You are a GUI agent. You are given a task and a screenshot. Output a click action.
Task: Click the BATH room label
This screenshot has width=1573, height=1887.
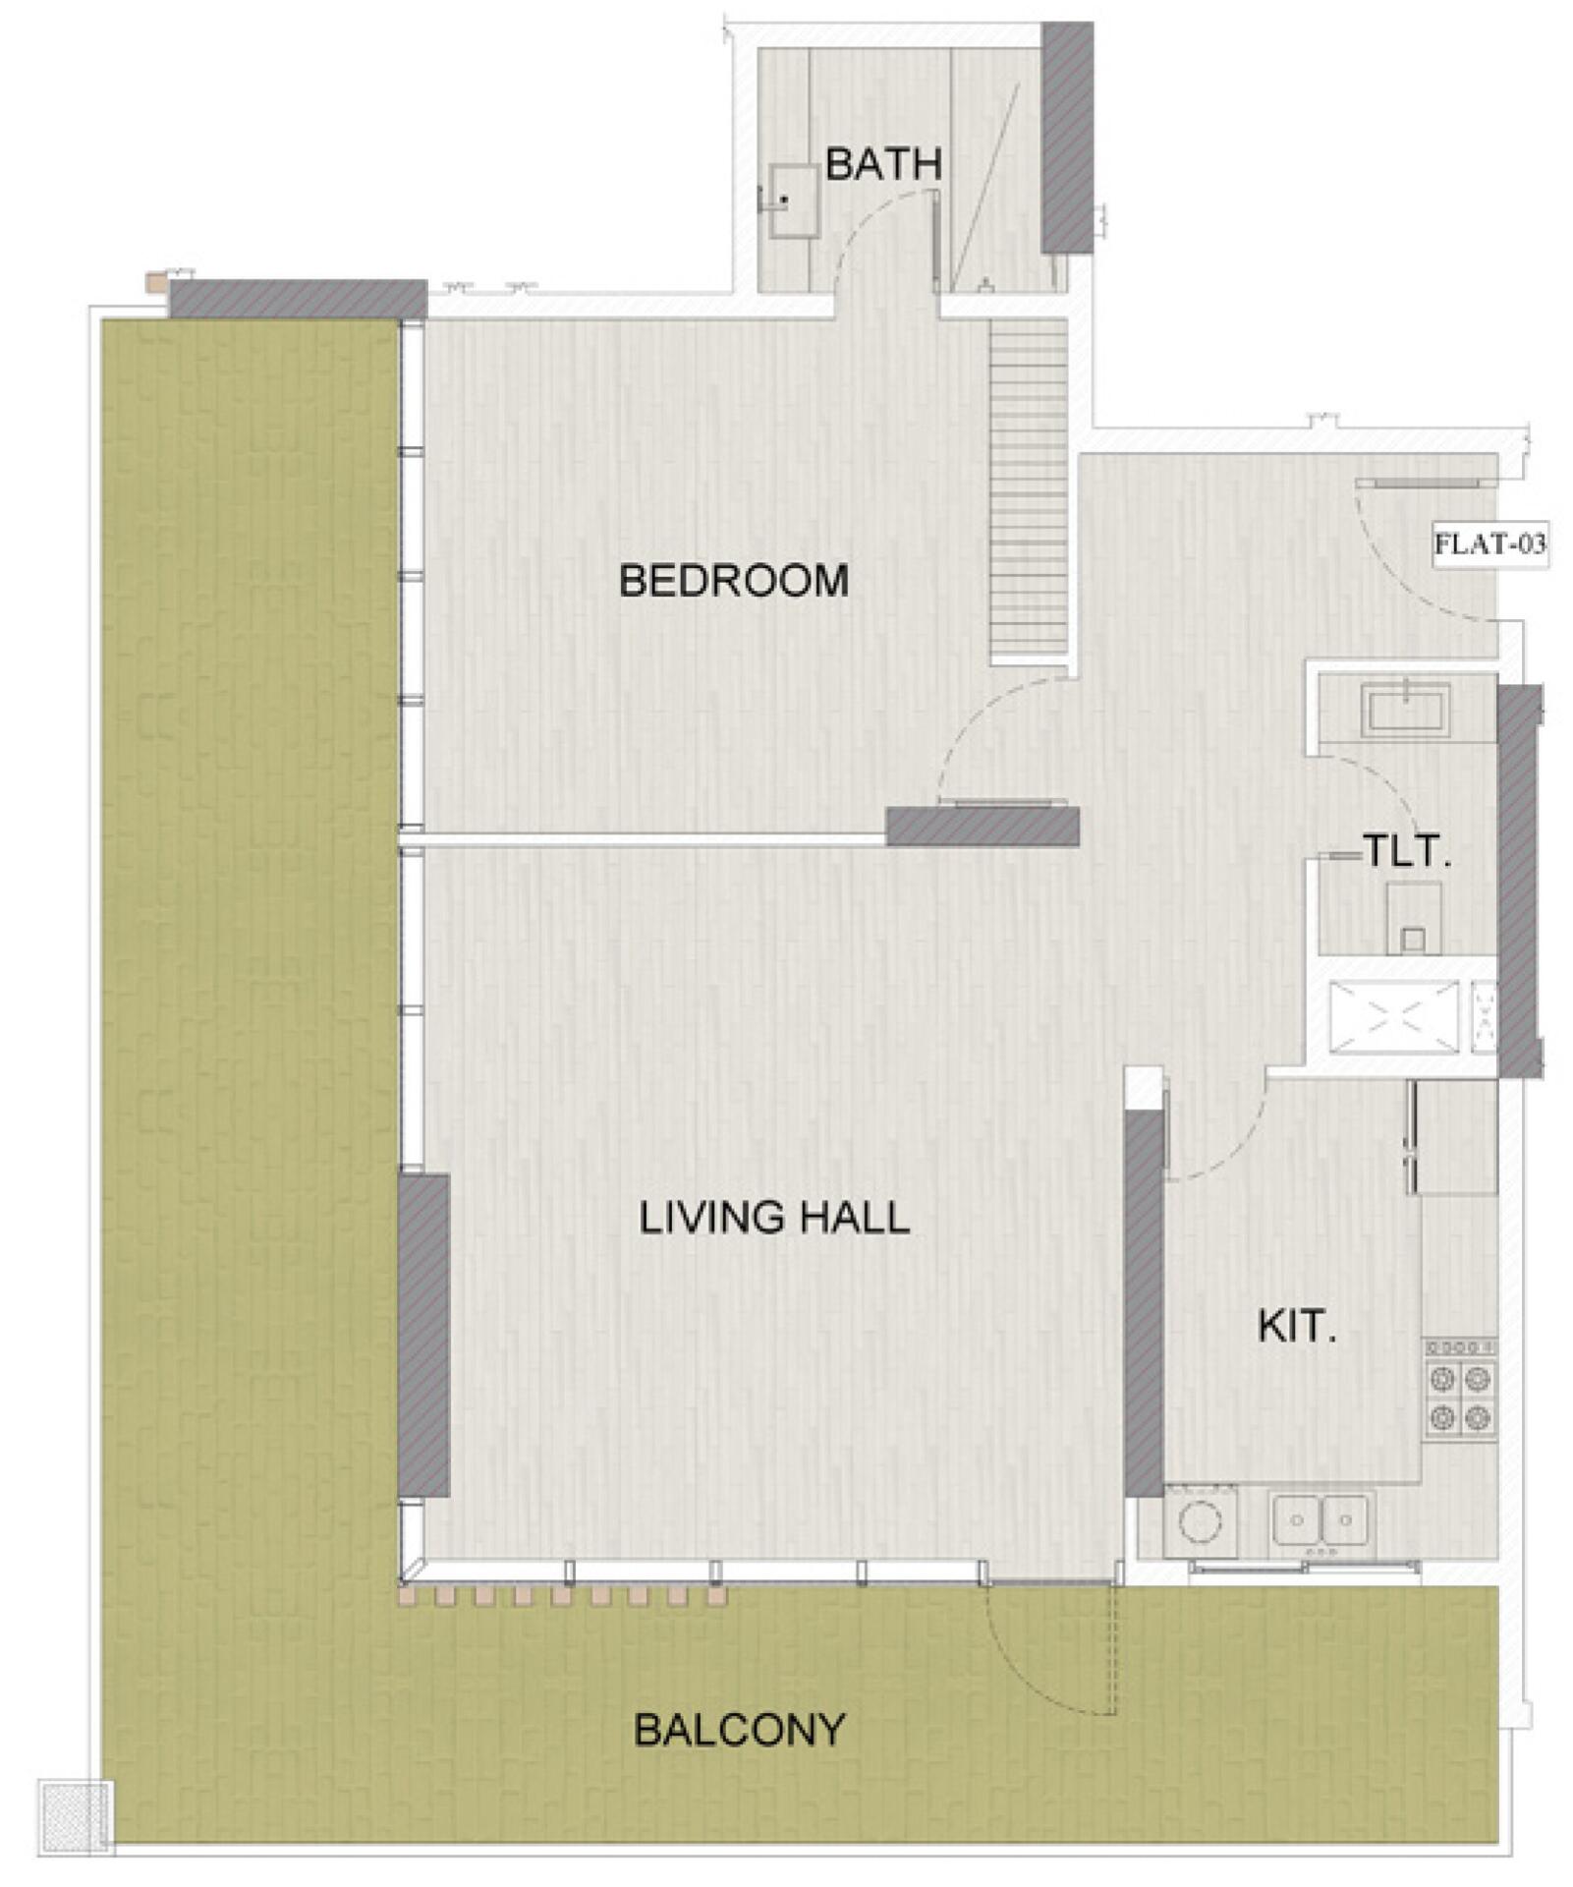click(883, 164)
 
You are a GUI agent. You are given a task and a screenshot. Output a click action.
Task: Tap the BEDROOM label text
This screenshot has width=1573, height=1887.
click(734, 581)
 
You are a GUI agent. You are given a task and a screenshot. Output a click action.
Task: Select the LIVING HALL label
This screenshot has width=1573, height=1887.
click(774, 1219)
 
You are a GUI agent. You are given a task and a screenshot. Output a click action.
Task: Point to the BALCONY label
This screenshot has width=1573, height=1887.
click(740, 1730)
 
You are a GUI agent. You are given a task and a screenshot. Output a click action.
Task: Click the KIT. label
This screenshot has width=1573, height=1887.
click(1297, 1328)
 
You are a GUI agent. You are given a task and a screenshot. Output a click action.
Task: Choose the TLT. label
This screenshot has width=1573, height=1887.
click(1406, 851)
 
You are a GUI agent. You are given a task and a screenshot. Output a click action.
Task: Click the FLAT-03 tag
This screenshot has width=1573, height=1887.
click(1490, 543)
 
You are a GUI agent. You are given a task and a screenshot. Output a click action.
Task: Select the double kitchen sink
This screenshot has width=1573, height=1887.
click(1321, 1519)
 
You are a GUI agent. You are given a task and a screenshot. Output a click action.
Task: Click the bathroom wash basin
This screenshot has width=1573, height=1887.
click(794, 200)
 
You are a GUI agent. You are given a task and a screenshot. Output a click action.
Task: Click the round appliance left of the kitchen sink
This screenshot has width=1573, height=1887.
click(1200, 1523)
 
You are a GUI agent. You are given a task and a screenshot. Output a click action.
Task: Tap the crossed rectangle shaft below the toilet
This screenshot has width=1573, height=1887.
click(1393, 1016)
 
